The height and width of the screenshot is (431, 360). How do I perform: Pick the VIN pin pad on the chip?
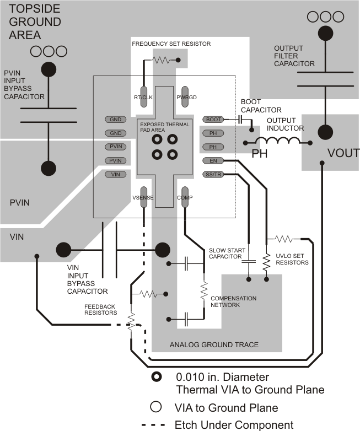(115, 175)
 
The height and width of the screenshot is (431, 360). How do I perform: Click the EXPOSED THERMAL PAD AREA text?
(164, 126)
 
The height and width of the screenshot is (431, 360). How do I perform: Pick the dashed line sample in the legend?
(156, 425)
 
